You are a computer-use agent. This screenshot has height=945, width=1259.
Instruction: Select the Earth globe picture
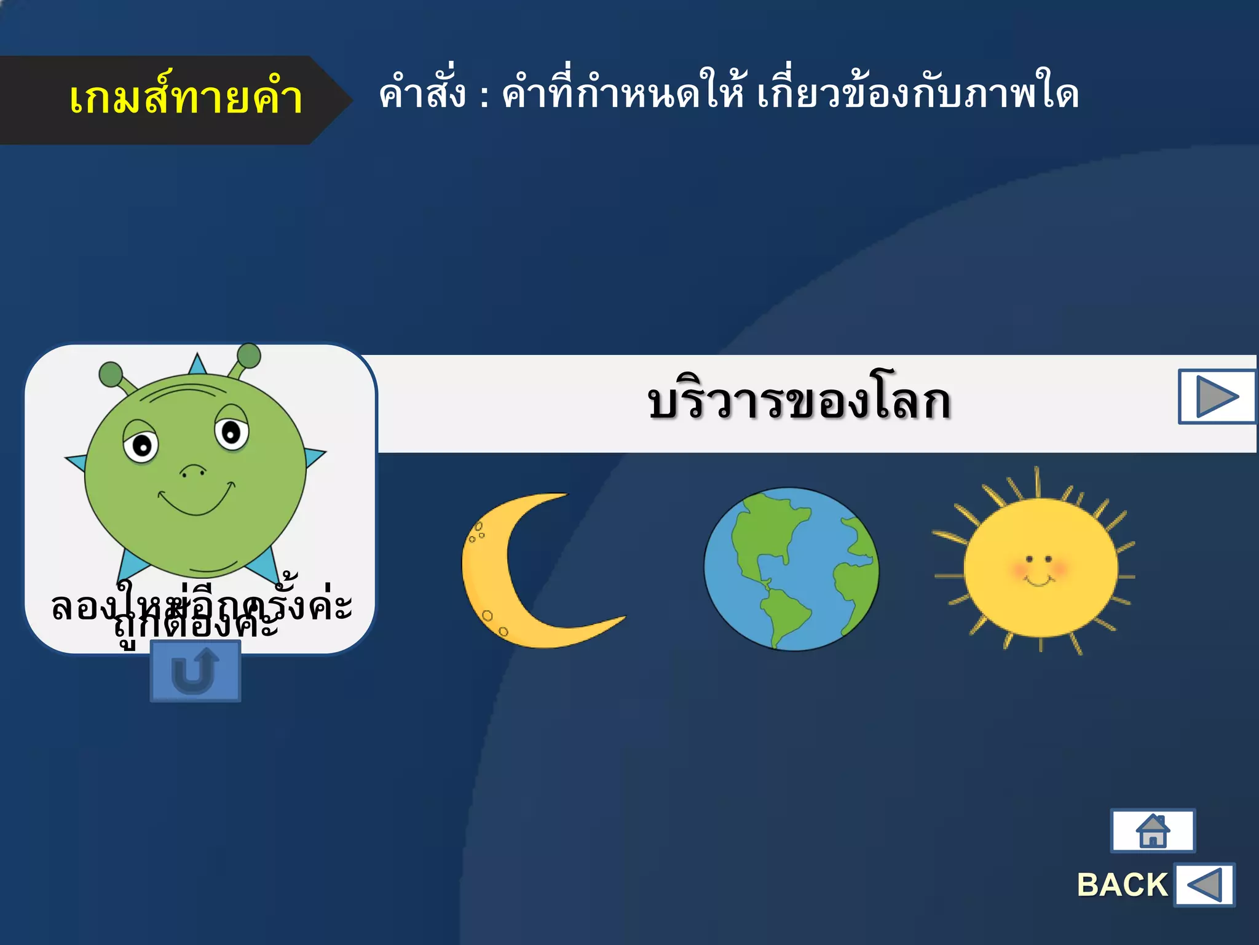(x=791, y=569)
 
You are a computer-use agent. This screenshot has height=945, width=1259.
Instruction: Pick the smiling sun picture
(x=1039, y=566)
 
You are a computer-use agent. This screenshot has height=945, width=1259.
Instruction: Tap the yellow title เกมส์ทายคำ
(x=186, y=98)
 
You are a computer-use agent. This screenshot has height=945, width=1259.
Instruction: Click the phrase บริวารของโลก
(x=799, y=402)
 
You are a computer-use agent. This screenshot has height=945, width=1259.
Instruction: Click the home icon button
(x=1153, y=831)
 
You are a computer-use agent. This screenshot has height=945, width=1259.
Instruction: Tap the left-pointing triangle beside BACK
(x=1204, y=885)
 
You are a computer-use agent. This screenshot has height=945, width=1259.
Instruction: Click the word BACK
(x=1122, y=885)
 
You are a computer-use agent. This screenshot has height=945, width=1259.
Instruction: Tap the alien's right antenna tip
(x=248, y=356)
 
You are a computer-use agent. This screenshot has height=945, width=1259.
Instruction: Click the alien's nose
(x=193, y=471)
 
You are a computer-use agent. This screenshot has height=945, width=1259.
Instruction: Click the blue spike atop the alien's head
(x=197, y=364)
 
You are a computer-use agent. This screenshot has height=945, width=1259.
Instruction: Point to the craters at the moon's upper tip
(x=476, y=532)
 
